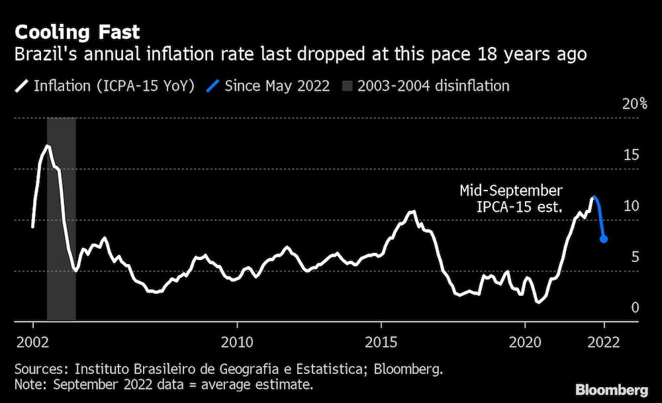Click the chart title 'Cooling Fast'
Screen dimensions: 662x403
tap(77, 32)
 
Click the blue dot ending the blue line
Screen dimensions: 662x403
tap(604, 240)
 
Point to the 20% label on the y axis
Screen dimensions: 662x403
tap(635, 104)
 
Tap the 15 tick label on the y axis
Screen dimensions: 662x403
tap(632, 155)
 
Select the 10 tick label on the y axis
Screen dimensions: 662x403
tap(632, 206)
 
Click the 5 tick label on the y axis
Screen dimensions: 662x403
tap(636, 257)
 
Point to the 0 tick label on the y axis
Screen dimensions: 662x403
tap(636, 308)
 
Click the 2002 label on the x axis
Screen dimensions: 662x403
tap(33, 342)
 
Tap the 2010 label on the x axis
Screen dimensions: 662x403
tap(237, 342)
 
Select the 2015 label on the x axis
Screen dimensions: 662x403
tap(381, 342)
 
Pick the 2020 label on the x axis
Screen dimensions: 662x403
tap(525, 342)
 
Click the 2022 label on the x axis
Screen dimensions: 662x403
tap(604, 342)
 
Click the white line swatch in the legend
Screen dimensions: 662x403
tap(22, 86)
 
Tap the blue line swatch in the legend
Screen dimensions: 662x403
tap(213, 86)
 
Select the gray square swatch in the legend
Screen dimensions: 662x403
tap(347, 86)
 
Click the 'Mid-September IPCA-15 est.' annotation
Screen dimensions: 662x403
tap(511, 199)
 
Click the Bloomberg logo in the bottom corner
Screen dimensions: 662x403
tap(612, 390)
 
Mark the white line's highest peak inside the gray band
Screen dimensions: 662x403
tap(47, 146)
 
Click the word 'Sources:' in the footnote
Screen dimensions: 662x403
tap(41, 369)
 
